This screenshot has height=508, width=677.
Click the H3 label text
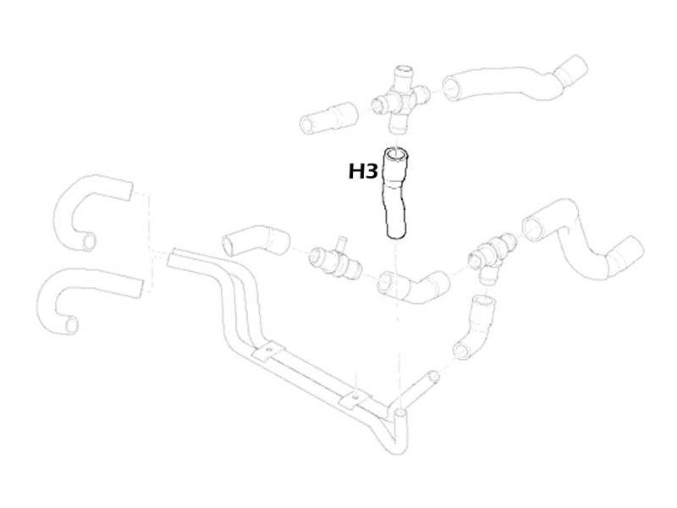pos(363,172)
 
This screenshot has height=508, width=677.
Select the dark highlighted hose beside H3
pos(395,195)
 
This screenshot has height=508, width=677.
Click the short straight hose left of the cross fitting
pos(328,118)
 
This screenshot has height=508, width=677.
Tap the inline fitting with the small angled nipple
pos(335,259)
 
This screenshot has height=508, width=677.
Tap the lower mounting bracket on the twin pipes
pos(355,398)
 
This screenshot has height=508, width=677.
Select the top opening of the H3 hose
pos(396,154)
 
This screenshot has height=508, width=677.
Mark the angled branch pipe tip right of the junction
pos(433,377)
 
